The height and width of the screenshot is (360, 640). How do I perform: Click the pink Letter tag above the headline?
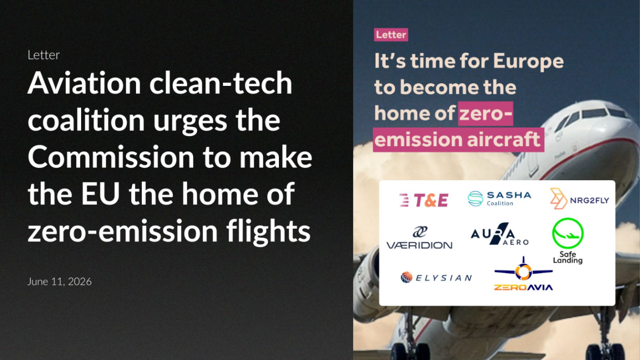tap(391, 35)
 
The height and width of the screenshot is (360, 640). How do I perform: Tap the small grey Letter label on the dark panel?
tap(43, 55)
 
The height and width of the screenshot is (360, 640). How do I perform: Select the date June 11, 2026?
tap(59, 282)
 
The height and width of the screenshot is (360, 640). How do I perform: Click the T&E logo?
tap(423, 200)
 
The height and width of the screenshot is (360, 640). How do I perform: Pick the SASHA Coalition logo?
tap(499, 198)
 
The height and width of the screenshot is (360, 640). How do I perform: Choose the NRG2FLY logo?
tap(579, 198)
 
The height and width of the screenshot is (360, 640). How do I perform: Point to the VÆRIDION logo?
tap(419, 238)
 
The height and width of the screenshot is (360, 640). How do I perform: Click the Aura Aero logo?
tap(500, 234)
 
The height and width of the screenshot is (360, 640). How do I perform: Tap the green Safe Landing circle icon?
tap(567, 233)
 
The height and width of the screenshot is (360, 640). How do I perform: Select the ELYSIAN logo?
tap(436, 277)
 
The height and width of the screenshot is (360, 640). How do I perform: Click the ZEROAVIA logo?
tap(523, 274)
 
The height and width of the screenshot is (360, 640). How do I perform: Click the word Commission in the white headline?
tap(111, 157)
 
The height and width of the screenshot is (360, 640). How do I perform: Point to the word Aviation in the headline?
tap(84, 83)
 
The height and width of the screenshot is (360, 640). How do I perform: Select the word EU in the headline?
tap(100, 194)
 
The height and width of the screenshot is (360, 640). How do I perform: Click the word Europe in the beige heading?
tap(529, 62)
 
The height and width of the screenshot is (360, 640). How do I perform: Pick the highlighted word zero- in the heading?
tap(486, 114)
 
